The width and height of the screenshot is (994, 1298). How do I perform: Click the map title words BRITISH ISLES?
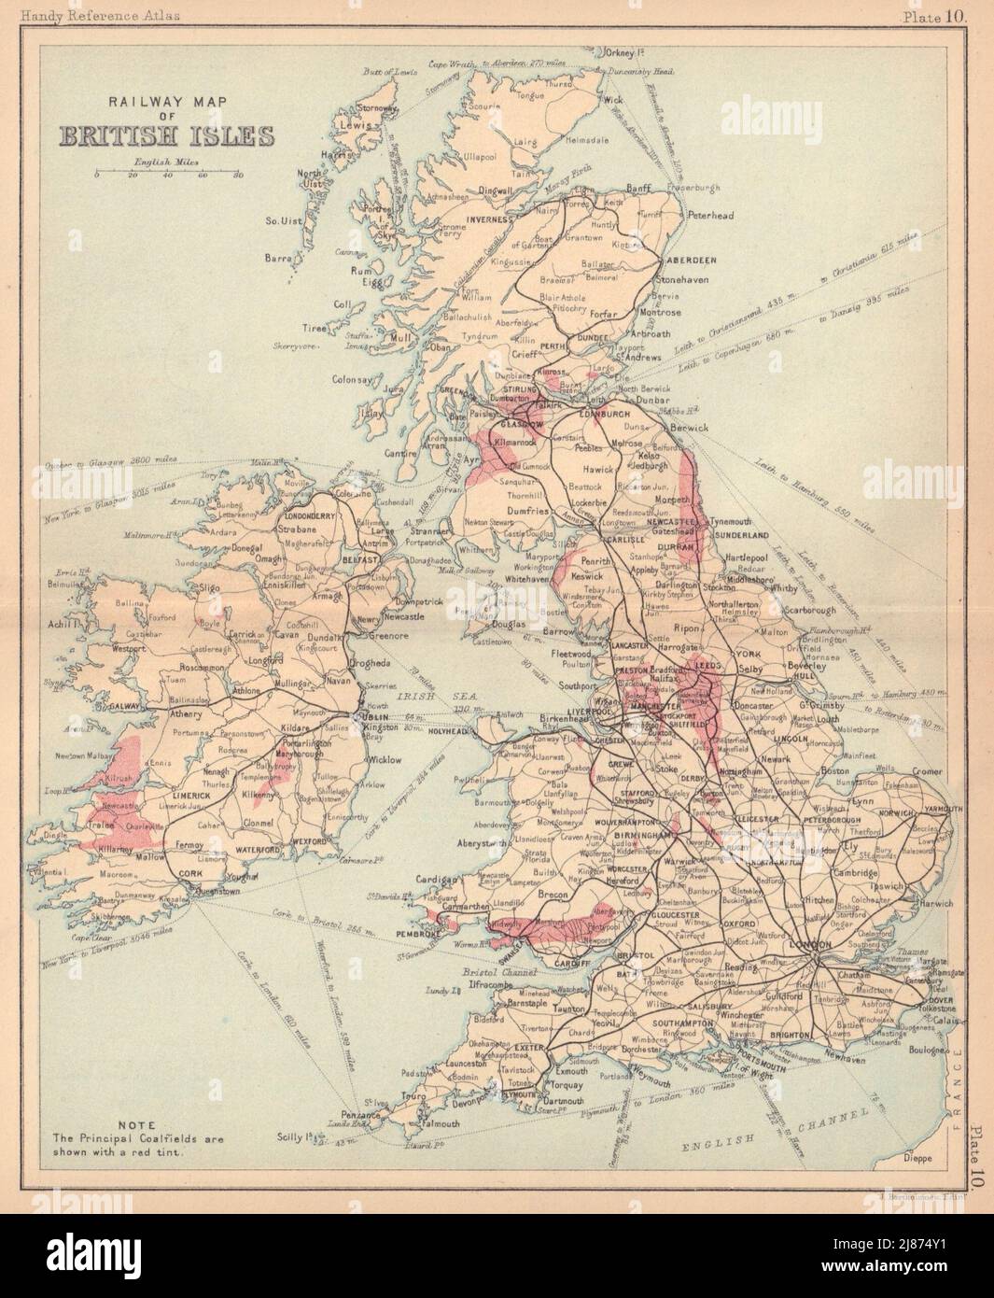pyautogui.click(x=167, y=136)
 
